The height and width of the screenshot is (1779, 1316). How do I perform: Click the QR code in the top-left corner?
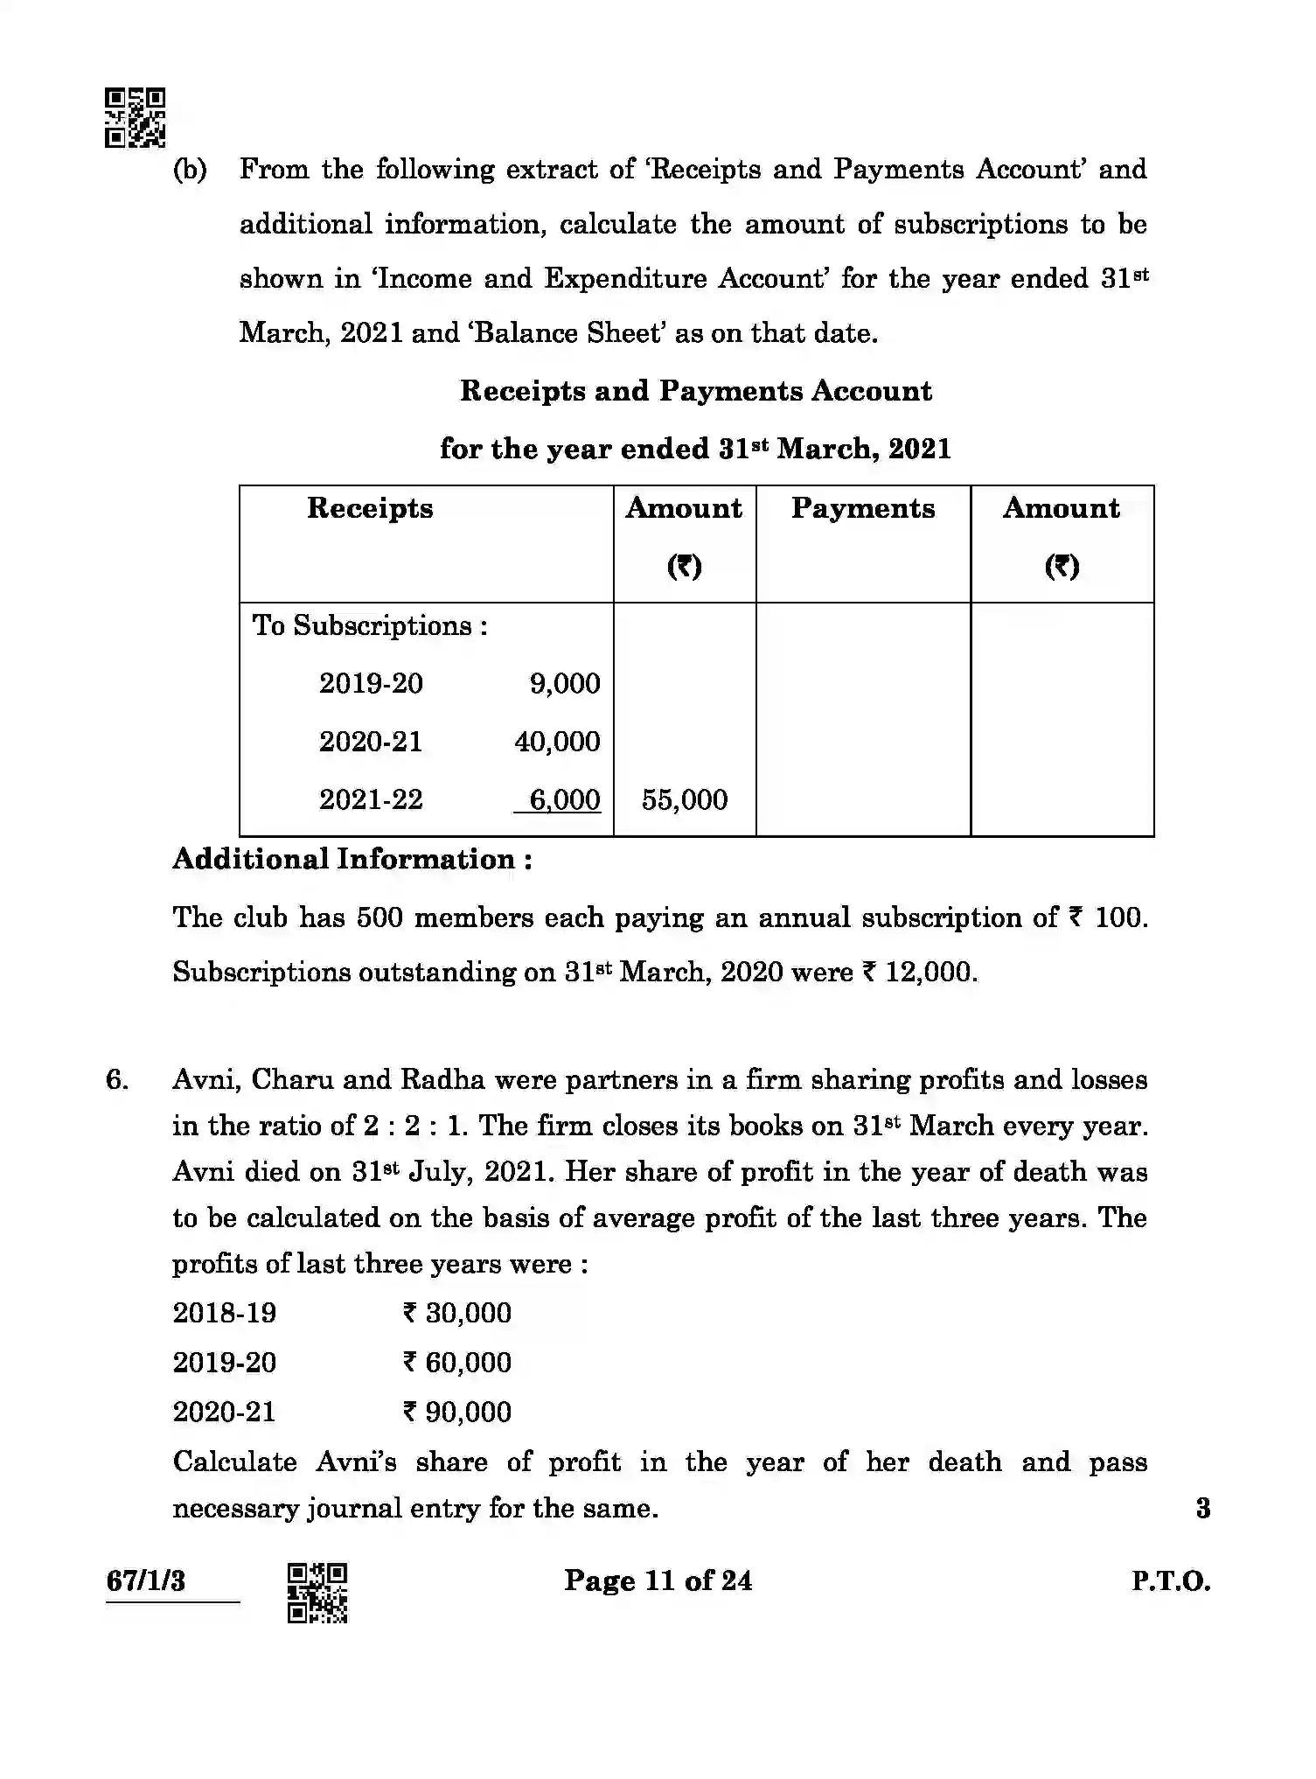pyautogui.click(x=135, y=117)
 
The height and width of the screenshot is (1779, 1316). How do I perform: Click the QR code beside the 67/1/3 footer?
pyautogui.click(x=317, y=1593)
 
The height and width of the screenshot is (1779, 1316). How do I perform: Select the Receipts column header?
pyautogui.click(x=370, y=508)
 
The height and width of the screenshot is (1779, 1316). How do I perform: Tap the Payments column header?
pyautogui.click(x=863, y=508)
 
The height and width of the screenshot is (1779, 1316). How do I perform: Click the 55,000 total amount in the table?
pyautogui.click(x=684, y=799)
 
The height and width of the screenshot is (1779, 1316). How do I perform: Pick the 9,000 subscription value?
pyautogui.click(x=565, y=683)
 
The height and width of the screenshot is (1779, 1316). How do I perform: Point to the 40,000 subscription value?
pyautogui.click(x=557, y=742)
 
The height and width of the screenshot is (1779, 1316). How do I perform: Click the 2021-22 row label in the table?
pyautogui.click(x=371, y=799)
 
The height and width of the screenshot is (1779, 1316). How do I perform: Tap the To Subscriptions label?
pyautogui.click(x=370, y=625)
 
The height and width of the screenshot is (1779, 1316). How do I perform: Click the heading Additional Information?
pyautogui.click(x=352, y=859)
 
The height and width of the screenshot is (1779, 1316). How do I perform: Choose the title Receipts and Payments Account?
pyautogui.click(x=696, y=391)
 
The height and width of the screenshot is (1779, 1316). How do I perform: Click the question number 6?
pyautogui.click(x=117, y=1079)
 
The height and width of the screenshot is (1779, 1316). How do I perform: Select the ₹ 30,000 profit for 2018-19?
pyautogui.click(x=457, y=1312)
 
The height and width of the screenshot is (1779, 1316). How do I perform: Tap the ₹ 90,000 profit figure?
pyautogui.click(x=457, y=1412)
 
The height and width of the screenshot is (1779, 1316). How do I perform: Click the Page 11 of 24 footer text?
pyautogui.click(x=658, y=1580)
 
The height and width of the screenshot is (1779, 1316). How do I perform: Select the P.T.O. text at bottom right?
pyautogui.click(x=1171, y=1581)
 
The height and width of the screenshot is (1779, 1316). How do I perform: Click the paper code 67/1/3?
pyautogui.click(x=146, y=1581)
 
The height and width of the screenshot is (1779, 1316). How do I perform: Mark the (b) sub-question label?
pyautogui.click(x=190, y=170)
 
